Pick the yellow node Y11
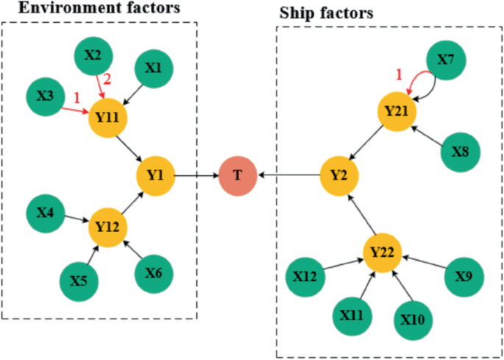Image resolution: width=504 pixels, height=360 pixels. coord(108,117)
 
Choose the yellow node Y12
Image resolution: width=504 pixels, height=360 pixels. coord(108,226)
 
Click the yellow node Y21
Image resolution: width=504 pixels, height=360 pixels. coord(397,111)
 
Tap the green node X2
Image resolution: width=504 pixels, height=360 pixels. coord(93,56)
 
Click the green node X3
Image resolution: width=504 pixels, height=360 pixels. coord(44,96)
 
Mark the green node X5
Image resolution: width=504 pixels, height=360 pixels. coord(78,280)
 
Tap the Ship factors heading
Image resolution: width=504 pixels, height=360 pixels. coord(325,13)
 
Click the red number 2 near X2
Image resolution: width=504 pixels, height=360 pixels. coord(106,79)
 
